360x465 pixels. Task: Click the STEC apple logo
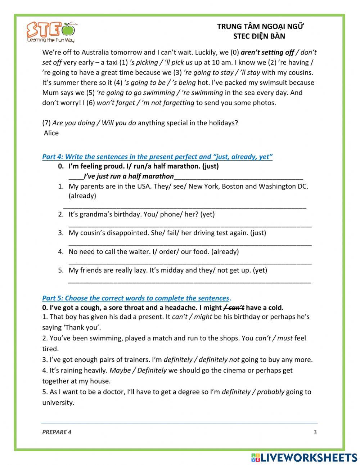pos(52,32)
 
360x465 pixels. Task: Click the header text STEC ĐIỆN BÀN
pos(259,36)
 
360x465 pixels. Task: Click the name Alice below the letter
pos(51,133)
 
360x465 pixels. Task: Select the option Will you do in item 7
pos(119,123)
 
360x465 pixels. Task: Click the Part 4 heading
pos(157,157)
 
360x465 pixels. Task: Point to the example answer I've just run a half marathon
pos(129,176)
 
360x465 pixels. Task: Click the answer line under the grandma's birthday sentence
pos(190,225)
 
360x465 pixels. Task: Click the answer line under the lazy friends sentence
pos(190,281)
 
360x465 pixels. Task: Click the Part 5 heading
pos(136,298)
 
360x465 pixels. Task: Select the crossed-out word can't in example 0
pos(236,308)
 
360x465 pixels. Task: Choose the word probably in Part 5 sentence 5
pos(270,392)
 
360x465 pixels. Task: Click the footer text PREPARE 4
pos(57,432)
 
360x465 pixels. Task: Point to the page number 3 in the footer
pos(315,432)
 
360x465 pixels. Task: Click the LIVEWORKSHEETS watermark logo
pos(304,457)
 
